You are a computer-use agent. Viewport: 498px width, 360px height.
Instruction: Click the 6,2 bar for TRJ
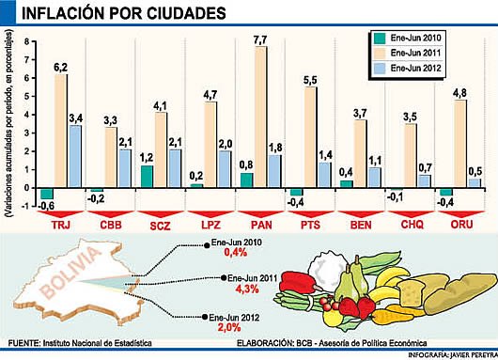click(x=60, y=131)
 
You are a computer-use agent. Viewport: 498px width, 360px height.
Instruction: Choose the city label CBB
click(x=109, y=227)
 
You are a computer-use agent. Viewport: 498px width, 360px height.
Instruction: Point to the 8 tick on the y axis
click(x=27, y=41)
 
